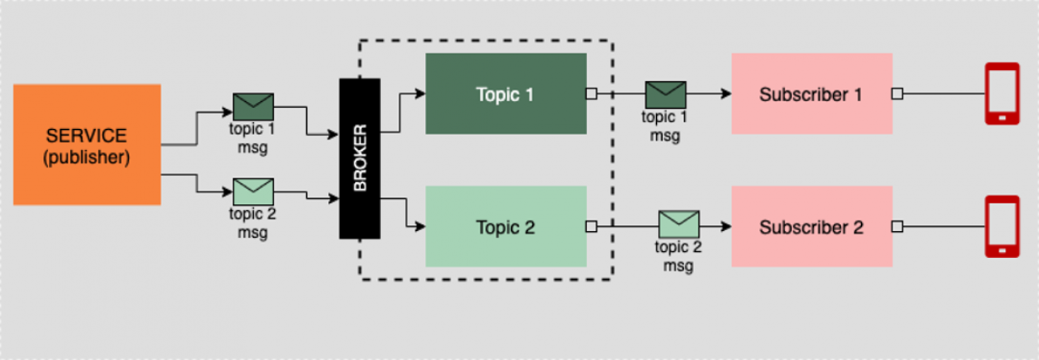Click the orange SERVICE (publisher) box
click(x=87, y=144)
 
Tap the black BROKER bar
click(x=360, y=158)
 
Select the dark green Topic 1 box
click(x=505, y=94)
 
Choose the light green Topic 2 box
click(x=505, y=227)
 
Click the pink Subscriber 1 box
click(x=811, y=94)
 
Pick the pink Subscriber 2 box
click(x=811, y=227)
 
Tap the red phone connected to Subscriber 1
click(x=1002, y=94)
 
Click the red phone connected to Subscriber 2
click(x=1002, y=227)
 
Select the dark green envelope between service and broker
click(x=253, y=106)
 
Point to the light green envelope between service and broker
click(x=253, y=191)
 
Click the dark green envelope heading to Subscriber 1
click(x=665, y=94)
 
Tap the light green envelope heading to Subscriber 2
click(x=679, y=223)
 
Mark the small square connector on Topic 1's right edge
click(x=591, y=94)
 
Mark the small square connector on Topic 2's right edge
click(x=591, y=227)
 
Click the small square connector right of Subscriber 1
click(x=897, y=94)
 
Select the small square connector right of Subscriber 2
click(x=897, y=227)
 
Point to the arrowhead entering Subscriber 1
click(x=725, y=94)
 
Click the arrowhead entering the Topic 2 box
click(x=420, y=227)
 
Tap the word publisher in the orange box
click(x=87, y=158)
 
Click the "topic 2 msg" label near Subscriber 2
click(x=678, y=256)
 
